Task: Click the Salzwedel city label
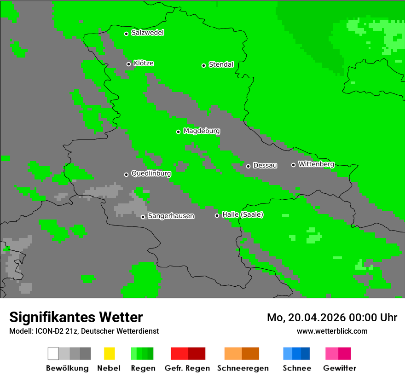(147, 33)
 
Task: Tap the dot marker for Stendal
(203, 65)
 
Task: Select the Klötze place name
(144, 64)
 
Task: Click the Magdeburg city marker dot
(178, 132)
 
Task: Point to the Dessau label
(265, 166)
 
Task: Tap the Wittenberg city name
(316, 164)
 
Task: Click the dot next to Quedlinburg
(126, 174)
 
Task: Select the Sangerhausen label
(171, 216)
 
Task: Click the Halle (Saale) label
(243, 215)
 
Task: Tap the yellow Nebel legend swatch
(109, 353)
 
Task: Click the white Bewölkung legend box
(53, 353)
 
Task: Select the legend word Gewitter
(340, 368)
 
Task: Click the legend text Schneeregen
(243, 368)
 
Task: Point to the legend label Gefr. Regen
(187, 368)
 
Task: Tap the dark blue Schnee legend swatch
(306, 353)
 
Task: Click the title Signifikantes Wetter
(76, 317)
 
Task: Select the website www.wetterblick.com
(332, 331)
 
